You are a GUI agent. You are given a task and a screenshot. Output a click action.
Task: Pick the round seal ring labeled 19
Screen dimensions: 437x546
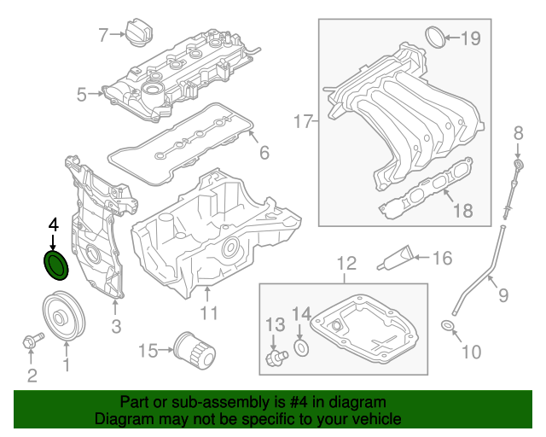coord(435,37)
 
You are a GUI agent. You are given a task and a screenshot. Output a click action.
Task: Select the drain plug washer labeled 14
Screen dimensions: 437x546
coord(301,348)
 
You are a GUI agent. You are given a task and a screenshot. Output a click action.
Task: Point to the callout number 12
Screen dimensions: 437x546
coord(345,263)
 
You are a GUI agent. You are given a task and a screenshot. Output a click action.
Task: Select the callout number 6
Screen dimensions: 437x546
coord(264,153)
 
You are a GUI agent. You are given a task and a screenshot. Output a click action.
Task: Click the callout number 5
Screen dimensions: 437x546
coord(82,95)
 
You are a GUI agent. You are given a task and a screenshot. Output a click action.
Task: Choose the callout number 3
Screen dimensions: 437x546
coord(116,325)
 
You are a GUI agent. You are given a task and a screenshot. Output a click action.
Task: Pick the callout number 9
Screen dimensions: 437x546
coord(502,295)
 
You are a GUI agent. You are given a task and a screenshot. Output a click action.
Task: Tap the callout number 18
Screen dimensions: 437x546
coord(462,211)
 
